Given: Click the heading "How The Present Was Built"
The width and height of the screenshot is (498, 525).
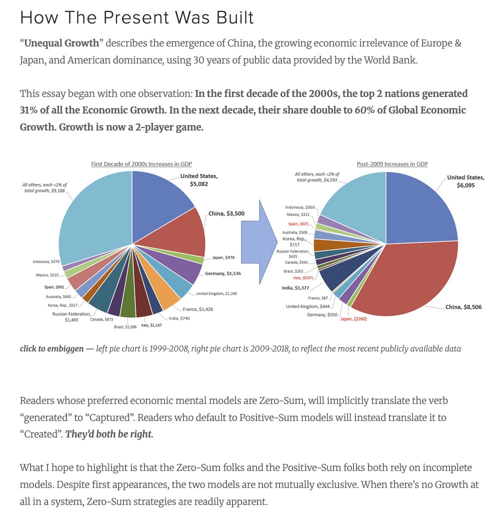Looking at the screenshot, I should click(x=136, y=17).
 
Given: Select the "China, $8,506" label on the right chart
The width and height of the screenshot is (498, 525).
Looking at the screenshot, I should click(x=463, y=307).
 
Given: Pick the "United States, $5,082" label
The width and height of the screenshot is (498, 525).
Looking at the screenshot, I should click(x=199, y=180).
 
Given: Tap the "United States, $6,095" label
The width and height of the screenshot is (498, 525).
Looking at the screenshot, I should click(x=465, y=180).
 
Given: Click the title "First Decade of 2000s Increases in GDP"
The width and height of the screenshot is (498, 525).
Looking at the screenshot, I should click(x=141, y=164).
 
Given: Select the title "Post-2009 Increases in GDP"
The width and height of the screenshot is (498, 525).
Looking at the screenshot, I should click(x=392, y=164).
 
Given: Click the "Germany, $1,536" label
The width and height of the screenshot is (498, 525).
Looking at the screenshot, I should click(x=223, y=273).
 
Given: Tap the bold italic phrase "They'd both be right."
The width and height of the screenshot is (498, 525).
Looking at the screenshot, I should click(x=109, y=433).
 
